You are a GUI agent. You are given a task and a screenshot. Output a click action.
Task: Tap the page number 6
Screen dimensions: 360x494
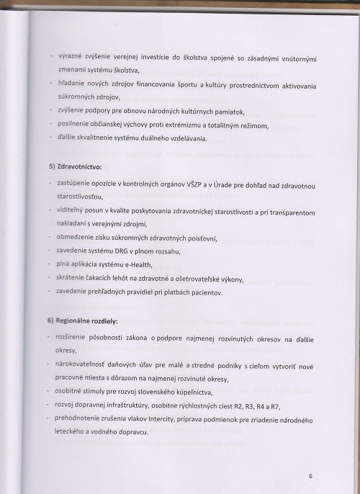tap(310, 476)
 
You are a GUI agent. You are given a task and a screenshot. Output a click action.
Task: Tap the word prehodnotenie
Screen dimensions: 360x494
tap(81, 418)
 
